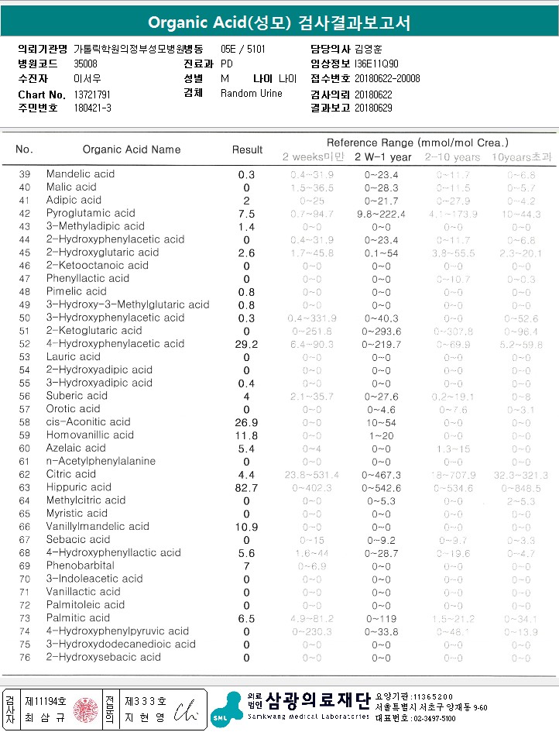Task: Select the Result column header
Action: [247, 150]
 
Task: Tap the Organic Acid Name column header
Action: [132, 150]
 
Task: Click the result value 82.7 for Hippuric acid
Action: [247, 487]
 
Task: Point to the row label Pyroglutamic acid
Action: [91, 213]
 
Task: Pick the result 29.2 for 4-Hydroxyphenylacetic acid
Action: [247, 344]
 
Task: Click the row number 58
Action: [25, 422]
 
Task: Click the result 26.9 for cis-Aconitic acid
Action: [247, 422]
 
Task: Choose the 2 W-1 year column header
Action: [382, 157]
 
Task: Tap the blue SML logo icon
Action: [226, 711]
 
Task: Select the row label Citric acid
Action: [71, 474]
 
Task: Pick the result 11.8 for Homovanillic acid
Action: [247, 435]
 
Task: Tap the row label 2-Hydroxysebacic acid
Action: [104, 657]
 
